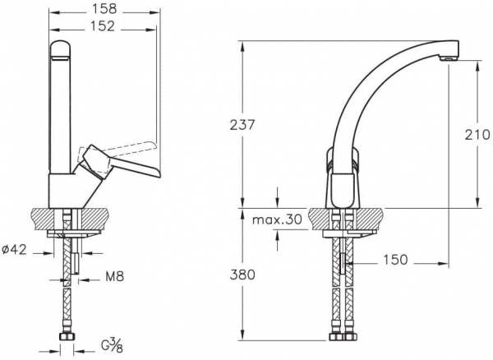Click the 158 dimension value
point(104,9)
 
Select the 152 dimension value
point(104,26)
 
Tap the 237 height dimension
point(242,125)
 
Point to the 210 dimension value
point(477,135)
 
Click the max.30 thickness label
point(277,219)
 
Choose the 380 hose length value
point(242,275)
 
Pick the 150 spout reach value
point(395,260)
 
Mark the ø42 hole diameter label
point(14,250)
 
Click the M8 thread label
point(115,277)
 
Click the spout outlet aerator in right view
point(449,58)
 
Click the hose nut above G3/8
point(67,337)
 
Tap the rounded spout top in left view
point(60,50)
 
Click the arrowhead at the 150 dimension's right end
point(445,264)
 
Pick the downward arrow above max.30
point(277,197)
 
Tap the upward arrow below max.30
point(277,240)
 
